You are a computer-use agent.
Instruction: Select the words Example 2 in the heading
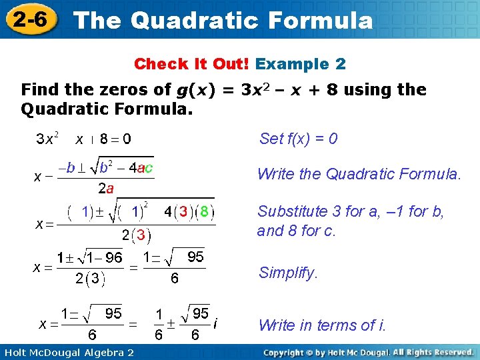(301, 64)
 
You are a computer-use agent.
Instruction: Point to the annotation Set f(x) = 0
(298, 139)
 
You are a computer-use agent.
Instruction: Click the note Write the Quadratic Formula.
(359, 175)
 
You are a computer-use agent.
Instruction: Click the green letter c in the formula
(148, 168)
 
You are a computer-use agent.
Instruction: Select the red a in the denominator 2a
(110, 189)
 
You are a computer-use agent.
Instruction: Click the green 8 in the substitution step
(205, 212)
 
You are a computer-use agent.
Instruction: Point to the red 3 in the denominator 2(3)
(141, 235)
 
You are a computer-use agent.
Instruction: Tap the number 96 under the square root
(113, 257)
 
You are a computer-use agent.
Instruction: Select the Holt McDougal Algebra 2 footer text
(69, 351)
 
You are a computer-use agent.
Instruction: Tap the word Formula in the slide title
(319, 21)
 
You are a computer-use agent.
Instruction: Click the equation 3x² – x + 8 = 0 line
(83, 139)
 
